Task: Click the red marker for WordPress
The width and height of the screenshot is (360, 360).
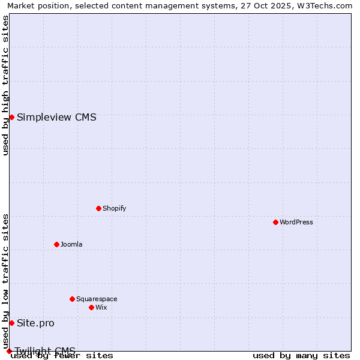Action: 275,222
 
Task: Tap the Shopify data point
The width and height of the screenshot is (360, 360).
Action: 98,208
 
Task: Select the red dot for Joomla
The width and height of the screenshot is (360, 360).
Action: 56,244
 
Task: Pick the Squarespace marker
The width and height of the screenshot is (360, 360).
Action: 72,299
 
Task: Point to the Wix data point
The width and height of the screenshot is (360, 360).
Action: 91,307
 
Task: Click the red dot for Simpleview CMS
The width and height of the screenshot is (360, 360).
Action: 11,117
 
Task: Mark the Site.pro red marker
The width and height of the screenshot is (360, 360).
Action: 11,323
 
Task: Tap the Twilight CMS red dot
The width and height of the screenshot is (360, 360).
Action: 9,351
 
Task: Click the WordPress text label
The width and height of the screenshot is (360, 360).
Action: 296,223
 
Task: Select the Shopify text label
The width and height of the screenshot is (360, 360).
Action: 115,209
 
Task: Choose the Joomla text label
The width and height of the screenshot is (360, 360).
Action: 71,245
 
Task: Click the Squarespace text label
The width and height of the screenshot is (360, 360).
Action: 97,299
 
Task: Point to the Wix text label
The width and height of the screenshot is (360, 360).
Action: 101,308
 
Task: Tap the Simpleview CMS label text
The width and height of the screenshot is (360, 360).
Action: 56,118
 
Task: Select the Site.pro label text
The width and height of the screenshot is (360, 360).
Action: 35,323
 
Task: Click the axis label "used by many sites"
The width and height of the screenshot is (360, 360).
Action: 301,356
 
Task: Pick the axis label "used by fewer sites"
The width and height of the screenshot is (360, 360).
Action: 62,356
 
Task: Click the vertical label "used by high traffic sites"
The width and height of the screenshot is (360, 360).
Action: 5,85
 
